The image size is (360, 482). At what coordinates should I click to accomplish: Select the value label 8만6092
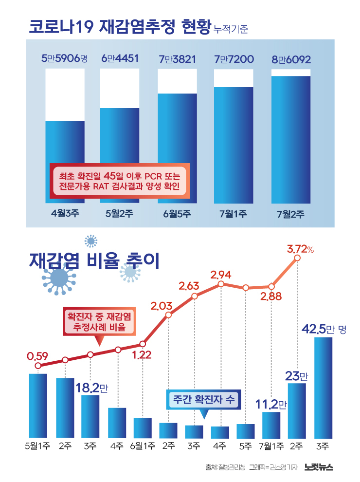pos(291,60)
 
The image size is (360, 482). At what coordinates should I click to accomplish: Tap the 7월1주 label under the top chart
pos(234,213)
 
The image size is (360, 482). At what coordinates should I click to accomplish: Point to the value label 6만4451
pos(120,59)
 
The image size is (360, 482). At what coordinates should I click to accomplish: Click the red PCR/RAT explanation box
pos(119,181)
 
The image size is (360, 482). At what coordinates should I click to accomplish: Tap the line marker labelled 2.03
pos(168,315)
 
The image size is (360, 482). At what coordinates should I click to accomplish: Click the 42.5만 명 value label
pos(324,330)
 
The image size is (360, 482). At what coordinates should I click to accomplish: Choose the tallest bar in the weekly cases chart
pos(324,387)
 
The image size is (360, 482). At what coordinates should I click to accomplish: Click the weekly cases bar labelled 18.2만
pos(90,416)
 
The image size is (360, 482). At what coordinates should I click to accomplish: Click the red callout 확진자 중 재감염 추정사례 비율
pos(99,322)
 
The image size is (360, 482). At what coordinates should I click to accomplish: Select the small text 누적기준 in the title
pos(231,29)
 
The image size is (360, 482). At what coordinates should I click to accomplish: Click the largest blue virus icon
pos(60,278)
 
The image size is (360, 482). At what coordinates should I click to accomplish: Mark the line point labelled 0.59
pos(38,366)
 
